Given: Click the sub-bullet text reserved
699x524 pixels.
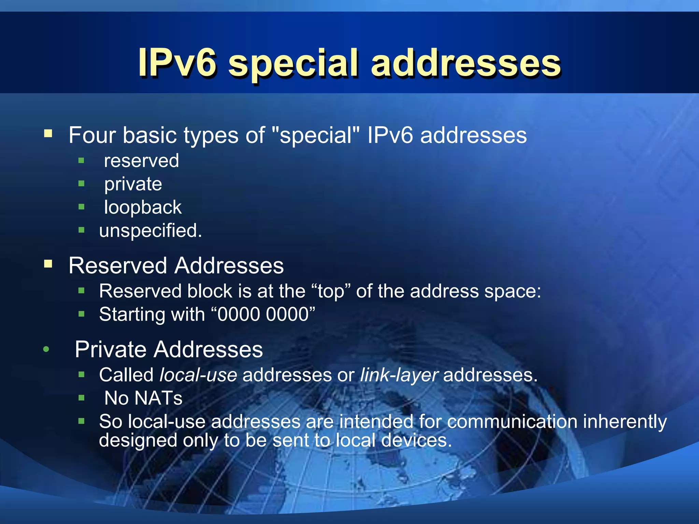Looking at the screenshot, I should [x=141, y=161].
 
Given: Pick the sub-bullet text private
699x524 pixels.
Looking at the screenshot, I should [x=133, y=185].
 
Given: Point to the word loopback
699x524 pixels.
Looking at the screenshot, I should [x=143, y=207].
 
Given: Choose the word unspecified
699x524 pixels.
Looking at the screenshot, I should [x=150, y=231].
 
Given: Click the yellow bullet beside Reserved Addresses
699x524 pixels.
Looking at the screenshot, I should [x=48, y=264].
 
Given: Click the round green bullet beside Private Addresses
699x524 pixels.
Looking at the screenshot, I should [x=46, y=349].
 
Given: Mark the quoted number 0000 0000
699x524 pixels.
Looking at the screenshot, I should [x=263, y=314].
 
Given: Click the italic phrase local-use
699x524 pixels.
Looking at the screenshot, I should [x=198, y=375].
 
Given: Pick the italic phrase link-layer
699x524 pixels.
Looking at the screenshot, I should [x=399, y=375].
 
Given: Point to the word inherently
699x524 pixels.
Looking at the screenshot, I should [x=625, y=422].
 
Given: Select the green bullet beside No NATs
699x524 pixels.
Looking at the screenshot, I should [x=81, y=397].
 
